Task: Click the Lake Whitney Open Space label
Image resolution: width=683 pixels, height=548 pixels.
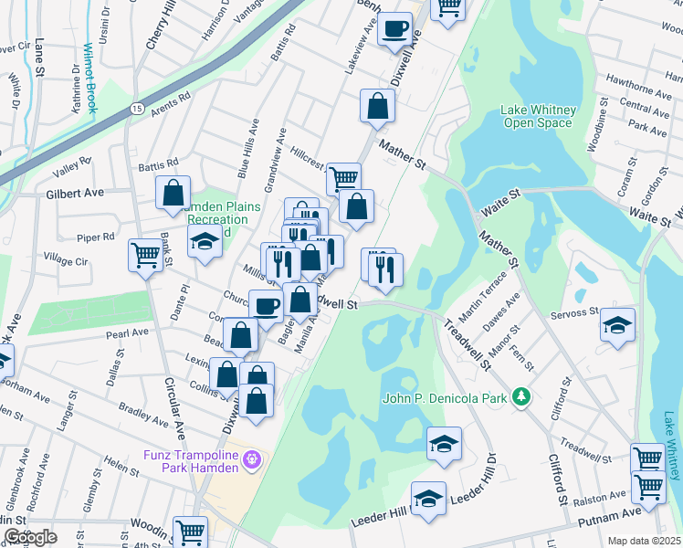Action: [536, 117]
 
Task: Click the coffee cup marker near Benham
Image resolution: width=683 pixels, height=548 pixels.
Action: [394, 28]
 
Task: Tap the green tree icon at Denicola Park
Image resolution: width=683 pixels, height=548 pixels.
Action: [520, 396]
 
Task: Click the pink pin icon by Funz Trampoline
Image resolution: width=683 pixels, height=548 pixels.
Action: [254, 458]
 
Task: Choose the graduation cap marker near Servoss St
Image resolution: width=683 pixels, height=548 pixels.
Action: [617, 324]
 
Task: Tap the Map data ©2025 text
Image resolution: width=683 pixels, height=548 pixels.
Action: [644, 541]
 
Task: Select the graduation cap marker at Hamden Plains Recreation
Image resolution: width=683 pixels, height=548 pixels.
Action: [205, 241]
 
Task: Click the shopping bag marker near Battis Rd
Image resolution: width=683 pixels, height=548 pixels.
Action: [172, 193]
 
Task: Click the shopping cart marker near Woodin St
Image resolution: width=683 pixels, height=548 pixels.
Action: [190, 532]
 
